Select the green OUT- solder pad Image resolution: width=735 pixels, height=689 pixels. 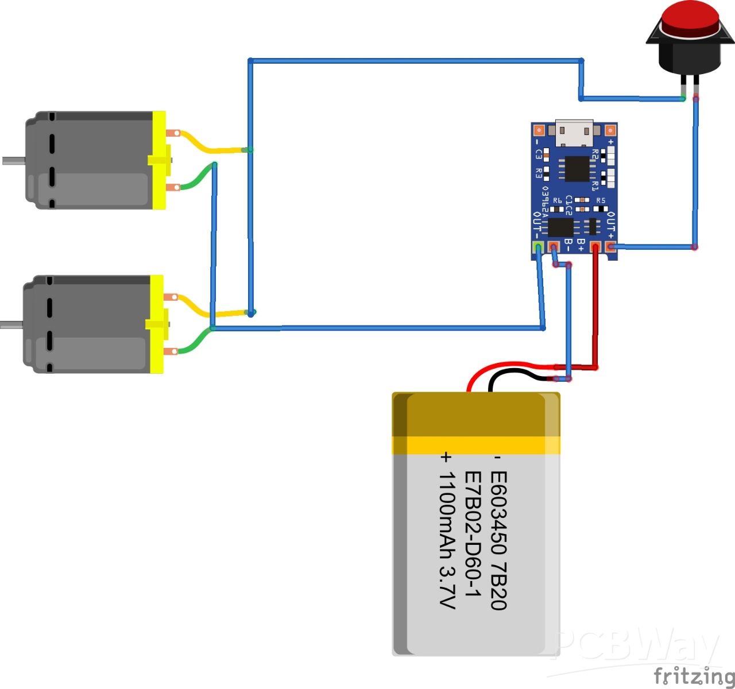(x=538, y=247)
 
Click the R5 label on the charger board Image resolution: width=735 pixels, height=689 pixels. (x=601, y=200)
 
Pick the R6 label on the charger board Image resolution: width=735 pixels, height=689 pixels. (x=558, y=200)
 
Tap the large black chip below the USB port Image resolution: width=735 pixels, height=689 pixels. (x=577, y=168)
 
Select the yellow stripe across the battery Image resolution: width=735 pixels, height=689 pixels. (x=476, y=445)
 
